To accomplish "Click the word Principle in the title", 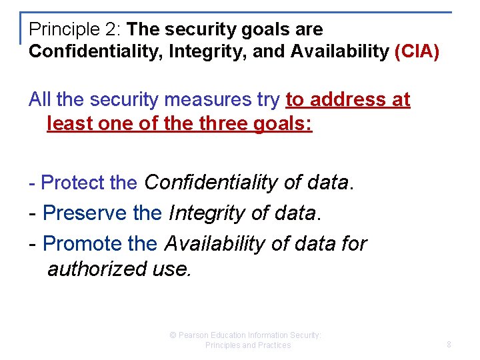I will click(56, 30).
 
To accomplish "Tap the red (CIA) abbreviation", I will click(417, 52).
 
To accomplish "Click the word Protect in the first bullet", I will click(72, 183).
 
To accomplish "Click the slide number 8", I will click(449, 345).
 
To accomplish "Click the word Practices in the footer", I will click(274, 345).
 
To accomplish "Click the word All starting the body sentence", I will click(40, 100).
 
